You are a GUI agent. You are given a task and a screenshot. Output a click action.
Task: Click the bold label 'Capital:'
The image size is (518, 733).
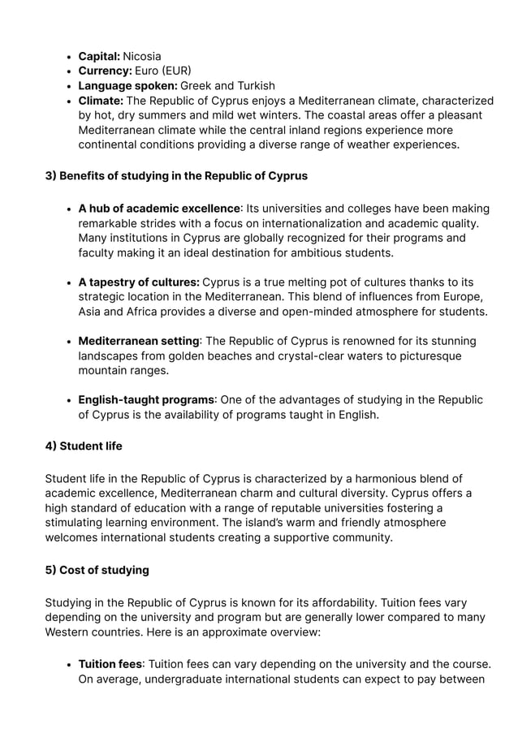[98, 56]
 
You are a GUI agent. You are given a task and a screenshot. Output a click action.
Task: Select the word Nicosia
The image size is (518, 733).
[142, 56]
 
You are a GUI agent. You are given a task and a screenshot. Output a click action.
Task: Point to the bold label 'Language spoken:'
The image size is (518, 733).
[127, 85]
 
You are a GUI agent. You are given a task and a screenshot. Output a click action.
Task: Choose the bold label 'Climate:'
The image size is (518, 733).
[101, 101]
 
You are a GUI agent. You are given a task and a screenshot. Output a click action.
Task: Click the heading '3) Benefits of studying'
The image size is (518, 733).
[176, 175]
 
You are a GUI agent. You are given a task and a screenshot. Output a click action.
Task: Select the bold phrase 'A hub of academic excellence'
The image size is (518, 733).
[159, 209]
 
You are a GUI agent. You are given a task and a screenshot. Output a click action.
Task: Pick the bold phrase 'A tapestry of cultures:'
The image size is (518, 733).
[139, 282]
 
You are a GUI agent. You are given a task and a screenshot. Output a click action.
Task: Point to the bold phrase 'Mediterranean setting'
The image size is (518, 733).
[139, 341]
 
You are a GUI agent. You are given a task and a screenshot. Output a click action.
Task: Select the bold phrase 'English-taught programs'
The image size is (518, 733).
[146, 399]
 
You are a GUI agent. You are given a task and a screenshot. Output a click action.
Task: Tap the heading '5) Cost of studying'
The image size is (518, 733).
[97, 570]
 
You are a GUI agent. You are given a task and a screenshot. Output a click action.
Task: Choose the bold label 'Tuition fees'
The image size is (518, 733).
[110, 664]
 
